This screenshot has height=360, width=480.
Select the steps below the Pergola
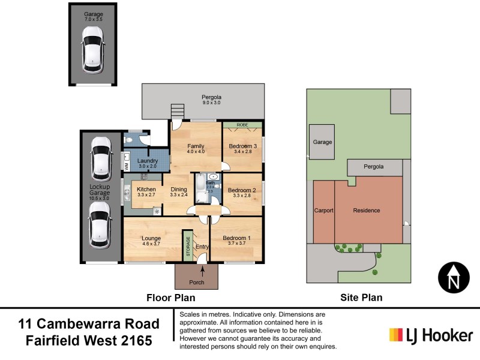tap(176, 112)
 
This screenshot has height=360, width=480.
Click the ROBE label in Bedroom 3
tap(242, 125)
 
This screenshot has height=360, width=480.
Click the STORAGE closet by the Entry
tap(187, 245)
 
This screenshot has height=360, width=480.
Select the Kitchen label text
tap(146, 190)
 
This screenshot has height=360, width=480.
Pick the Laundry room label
tap(147, 161)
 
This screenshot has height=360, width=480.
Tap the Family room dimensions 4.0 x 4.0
tap(196, 152)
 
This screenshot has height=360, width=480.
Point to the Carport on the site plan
tap(323, 211)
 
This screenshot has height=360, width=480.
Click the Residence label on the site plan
tap(366, 211)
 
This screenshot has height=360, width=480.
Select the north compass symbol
tap(454, 278)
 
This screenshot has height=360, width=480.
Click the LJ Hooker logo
tap(431, 335)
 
